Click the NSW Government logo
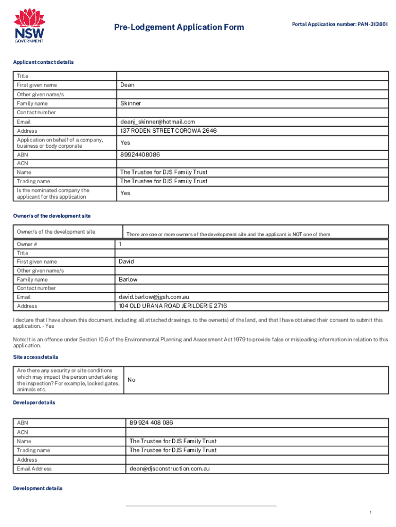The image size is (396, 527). [x=29, y=26]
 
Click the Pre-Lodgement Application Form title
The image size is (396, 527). [x=178, y=27]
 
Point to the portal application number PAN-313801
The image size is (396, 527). [x=340, y=24]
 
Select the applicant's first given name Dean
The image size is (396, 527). [x=127, y=85]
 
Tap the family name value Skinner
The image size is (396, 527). [x=131, y=103]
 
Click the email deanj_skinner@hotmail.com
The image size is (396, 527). [x=157, y=122]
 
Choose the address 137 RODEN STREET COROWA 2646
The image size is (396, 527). [x=168, y=131]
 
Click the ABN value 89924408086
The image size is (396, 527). [x=140, y=154]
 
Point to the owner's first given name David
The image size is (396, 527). [x=126, y=261]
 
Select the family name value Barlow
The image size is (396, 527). [x=128, y=279]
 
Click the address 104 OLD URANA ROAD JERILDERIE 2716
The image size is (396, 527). [x=173, y=306]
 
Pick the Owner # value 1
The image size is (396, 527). [x=120, y=244]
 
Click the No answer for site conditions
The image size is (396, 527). [x=131, y=380]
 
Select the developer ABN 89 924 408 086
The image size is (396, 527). [x=151, y=423]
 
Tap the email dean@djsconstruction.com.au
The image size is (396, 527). [x=169, y=469]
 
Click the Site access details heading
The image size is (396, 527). [x=35, y=357]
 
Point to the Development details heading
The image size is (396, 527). [x=38, y=488]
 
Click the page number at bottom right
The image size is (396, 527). [x=370, y=513]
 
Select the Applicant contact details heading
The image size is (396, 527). [x=43, y=62]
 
